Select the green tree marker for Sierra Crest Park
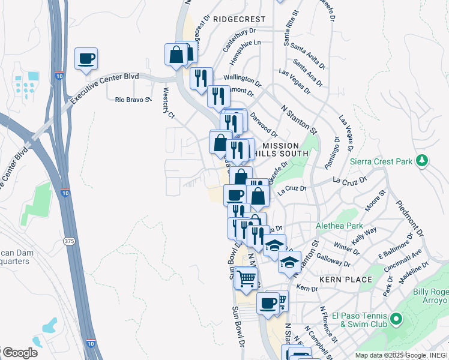(x=423, y=160)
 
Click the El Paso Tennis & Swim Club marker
(x=396, y=319)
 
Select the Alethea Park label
(x=340, y=226)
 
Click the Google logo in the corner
(x=19, y=353)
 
